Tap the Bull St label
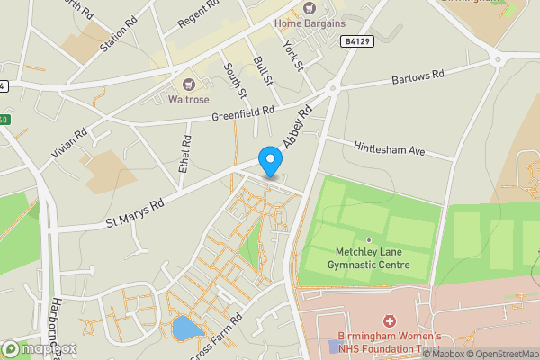(x=263, y=72)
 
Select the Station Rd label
(x=119, y=32)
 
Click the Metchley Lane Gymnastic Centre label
(x=372, y=258)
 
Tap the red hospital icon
(x=389, y=320)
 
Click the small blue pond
(x=186, y=328)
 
